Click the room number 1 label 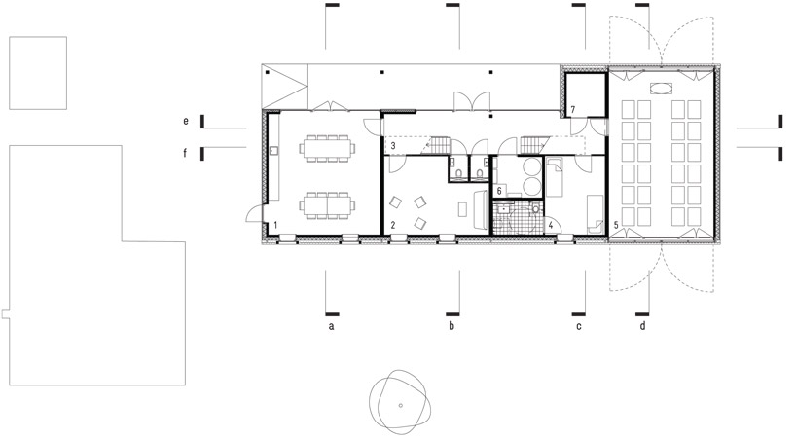coord(275,225)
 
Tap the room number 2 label coord(393,225)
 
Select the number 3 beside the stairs coord(393,147)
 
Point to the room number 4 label coord(551,225)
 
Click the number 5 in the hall coord(616,225)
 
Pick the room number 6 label coord(499,191)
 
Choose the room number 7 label coord(572,110)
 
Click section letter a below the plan coord(331,326)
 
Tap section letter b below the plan coord(452,326)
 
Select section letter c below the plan coord(579,326)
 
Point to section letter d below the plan coord(642,326)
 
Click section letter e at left coord(186,122)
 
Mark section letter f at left coord(185,152)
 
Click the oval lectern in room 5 coord(662,89)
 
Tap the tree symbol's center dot coord(401,406)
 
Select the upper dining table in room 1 coord(327,148)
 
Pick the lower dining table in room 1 coord(327,205)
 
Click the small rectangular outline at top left coord(38,73)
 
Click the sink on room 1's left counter coord(273,151)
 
